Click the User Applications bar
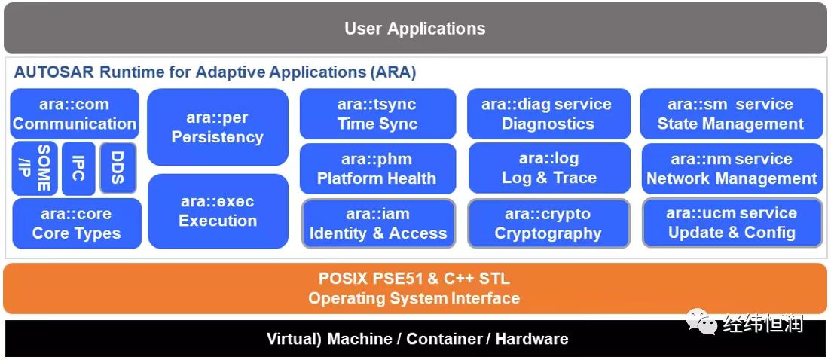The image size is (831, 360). tap(415, 29)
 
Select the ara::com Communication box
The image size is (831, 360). tap(75, 114)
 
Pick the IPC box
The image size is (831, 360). tap(78, 167)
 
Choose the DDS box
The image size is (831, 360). tap(118, 167)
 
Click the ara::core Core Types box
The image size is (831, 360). tap(76, 224)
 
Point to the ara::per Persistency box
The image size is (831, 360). tap(217, 127)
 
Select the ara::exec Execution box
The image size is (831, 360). tap(217, 212)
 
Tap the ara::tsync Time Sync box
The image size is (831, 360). tap(377, 114)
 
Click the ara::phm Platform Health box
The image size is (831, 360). tap(377, 169)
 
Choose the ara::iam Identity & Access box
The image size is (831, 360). tap(378, 224)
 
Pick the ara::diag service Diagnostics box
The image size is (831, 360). tap(547, 114)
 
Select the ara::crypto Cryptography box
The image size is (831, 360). tap(548, 224)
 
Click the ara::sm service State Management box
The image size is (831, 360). tap(731, 114)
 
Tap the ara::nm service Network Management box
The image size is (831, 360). tap(732, 169)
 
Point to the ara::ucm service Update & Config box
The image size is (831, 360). tap(732, 223)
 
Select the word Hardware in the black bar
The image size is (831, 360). tap(531, 339)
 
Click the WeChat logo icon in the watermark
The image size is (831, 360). tap(700, 322)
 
